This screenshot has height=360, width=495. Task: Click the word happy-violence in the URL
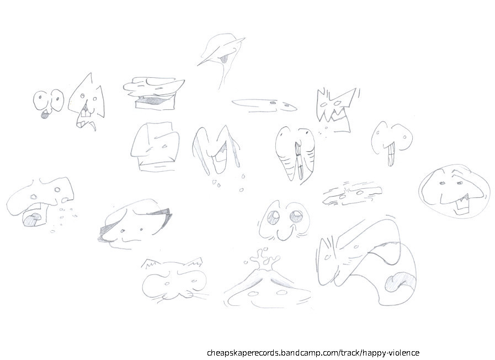391,353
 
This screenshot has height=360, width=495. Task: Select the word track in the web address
350,352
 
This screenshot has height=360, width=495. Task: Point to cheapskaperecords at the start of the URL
243,353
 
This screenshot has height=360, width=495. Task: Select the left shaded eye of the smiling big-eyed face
272,217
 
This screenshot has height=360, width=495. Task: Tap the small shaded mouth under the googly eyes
45,115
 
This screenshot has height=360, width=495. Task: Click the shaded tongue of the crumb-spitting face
33,219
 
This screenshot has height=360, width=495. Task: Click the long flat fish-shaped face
265,105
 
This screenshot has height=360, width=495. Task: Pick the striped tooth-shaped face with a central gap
296,154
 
